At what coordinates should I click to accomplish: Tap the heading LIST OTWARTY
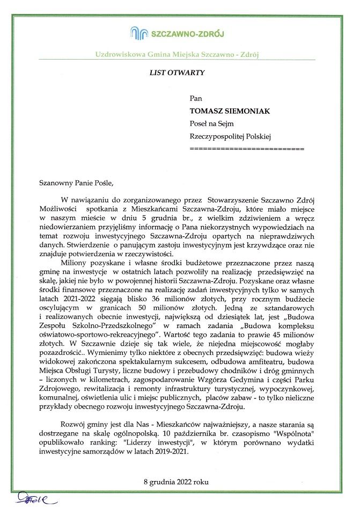(x=177, y=72)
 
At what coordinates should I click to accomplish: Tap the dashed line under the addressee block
(x=247, y=147)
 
